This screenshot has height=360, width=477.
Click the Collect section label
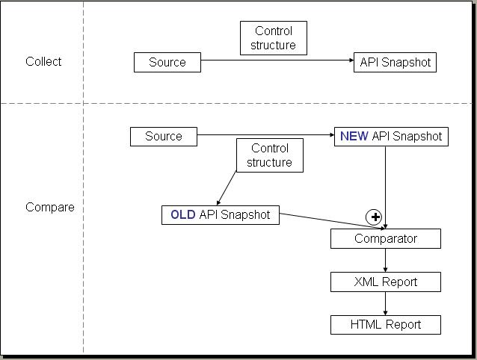[x=43, y=62]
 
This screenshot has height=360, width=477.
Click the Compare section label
[x=50, y=208]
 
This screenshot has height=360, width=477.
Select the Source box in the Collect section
[x=167, y=62]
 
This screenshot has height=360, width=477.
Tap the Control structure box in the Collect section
[x=274, y=38]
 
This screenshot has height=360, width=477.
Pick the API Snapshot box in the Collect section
[x=395, y=62]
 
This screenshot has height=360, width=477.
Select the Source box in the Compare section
[x=164, y=137]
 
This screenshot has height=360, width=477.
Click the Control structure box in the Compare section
[x=270, y=155]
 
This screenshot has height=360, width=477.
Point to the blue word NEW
[x=354, y=136]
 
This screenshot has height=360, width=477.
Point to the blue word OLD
[x=183, y=215]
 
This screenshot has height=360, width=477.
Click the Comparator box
[x=386, y=238]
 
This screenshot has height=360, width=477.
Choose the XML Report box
[x=386, y=282]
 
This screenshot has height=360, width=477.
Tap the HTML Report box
[x=386, y=325]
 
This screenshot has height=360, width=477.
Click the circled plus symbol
[x=374, y=217]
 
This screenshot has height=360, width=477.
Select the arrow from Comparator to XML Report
[x=386, y=261]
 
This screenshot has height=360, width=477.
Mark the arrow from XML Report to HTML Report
[x=386, y=304]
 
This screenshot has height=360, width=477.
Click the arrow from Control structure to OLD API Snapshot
[x=227, y=188]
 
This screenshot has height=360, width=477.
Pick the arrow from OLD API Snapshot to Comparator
[x=332, y=221]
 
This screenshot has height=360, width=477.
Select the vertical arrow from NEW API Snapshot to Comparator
[x=386, y=187]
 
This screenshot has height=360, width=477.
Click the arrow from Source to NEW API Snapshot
[x=265, y=135]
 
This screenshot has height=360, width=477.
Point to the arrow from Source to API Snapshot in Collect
[x=277, y=60]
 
